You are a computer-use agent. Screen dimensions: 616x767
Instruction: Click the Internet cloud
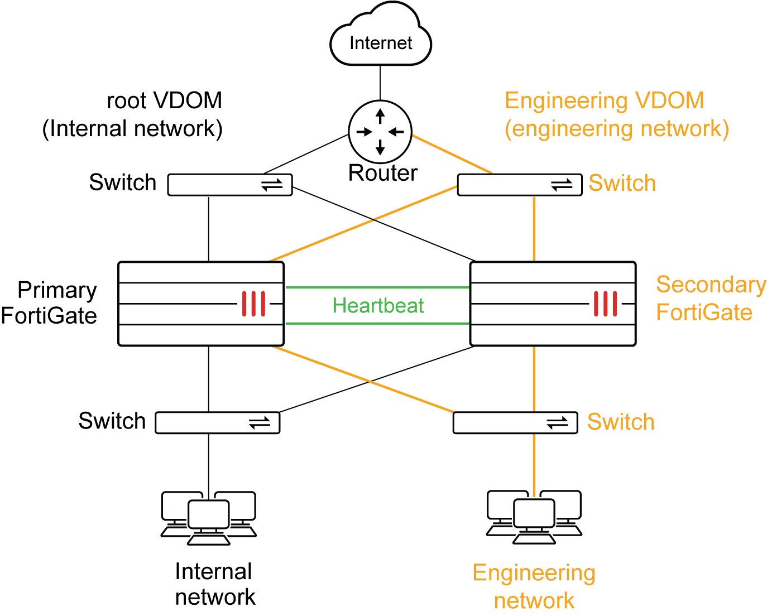tap(381, 39)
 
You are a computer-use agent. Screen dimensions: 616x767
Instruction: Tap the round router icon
tap(380, 132)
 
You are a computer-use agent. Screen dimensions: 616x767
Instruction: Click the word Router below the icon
tap(382, 173)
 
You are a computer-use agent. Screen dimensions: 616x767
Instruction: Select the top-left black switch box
tap(230, 185)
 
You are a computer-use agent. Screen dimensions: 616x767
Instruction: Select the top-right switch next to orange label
tap(519, 185)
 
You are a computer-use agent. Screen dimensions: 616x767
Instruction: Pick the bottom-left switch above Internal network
tap(217, 423)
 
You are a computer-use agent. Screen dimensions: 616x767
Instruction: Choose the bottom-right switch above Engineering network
tap(515, 423)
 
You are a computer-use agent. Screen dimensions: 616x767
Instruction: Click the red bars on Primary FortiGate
tap(253, 304)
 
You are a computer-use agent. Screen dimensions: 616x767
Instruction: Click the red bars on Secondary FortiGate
tap(605, 304)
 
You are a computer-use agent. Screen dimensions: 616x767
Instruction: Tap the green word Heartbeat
tap(378, 306)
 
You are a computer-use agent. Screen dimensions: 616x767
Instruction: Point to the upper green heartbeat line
tap(377, 287)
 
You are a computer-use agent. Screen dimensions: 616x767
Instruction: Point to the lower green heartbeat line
tap(377, 324)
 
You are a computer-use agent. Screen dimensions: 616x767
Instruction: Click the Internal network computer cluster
tap(209, 517)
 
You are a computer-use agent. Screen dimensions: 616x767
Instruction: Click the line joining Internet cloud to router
tap(380, 82)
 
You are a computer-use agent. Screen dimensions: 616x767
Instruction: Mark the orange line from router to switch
tap(452, 155)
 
